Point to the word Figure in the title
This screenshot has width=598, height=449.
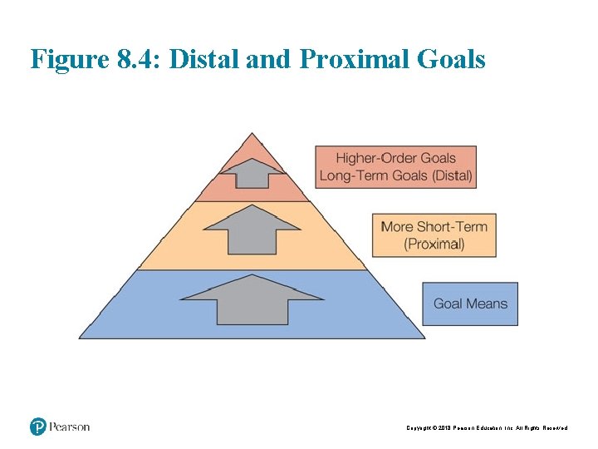click(x=69, y=59)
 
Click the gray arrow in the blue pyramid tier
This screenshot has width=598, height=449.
click(x=252, y=301)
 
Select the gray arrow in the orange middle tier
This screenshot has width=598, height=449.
click(x=252, y=230)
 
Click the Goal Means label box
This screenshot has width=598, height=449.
click(x=469, y=304)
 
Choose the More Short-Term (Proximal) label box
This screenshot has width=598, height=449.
click(x=434, y=234)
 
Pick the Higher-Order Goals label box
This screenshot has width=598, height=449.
click(x=395, y=167)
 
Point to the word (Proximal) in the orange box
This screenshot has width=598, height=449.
click(x=434, y=244)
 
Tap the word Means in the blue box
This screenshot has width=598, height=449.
click(x=487, y=304)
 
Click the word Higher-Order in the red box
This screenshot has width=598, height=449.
click(x=376, y=158)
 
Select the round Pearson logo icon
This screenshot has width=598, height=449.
click(x=37, y=427)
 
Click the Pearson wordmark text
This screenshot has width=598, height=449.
click(x=69, y=427)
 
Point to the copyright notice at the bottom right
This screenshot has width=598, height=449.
click(x=487, y=427)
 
